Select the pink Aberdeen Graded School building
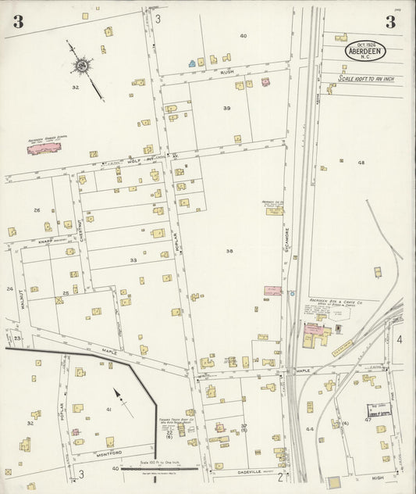(48, 148)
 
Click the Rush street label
(227, 71)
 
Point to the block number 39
(227, 108)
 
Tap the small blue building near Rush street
(190, 62)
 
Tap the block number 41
(109, 410)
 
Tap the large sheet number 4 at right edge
(398, 339)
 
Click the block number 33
(133, 260)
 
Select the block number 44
(310, 429)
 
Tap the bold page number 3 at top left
(17, 22)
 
